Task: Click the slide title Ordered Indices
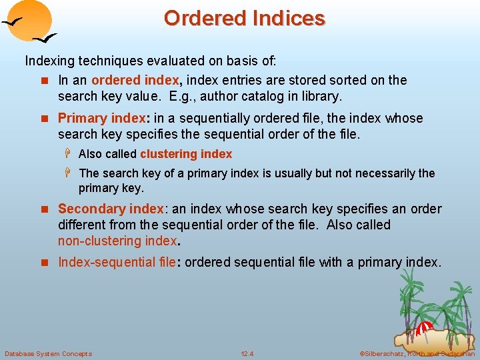[x=244, y=18]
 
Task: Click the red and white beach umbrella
[x=424, y=327]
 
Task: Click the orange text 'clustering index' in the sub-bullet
[x=186, y=154]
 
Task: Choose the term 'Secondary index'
[x=111, y=209]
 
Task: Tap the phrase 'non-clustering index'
[x=117, y=241]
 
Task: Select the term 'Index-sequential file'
[x=117, y=262]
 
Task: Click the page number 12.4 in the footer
[x=247, y=353]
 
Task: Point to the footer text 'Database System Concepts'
[x=48, y=353]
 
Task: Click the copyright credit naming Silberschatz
[x=417, y=353]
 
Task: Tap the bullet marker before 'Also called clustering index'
[x=69, y=154]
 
